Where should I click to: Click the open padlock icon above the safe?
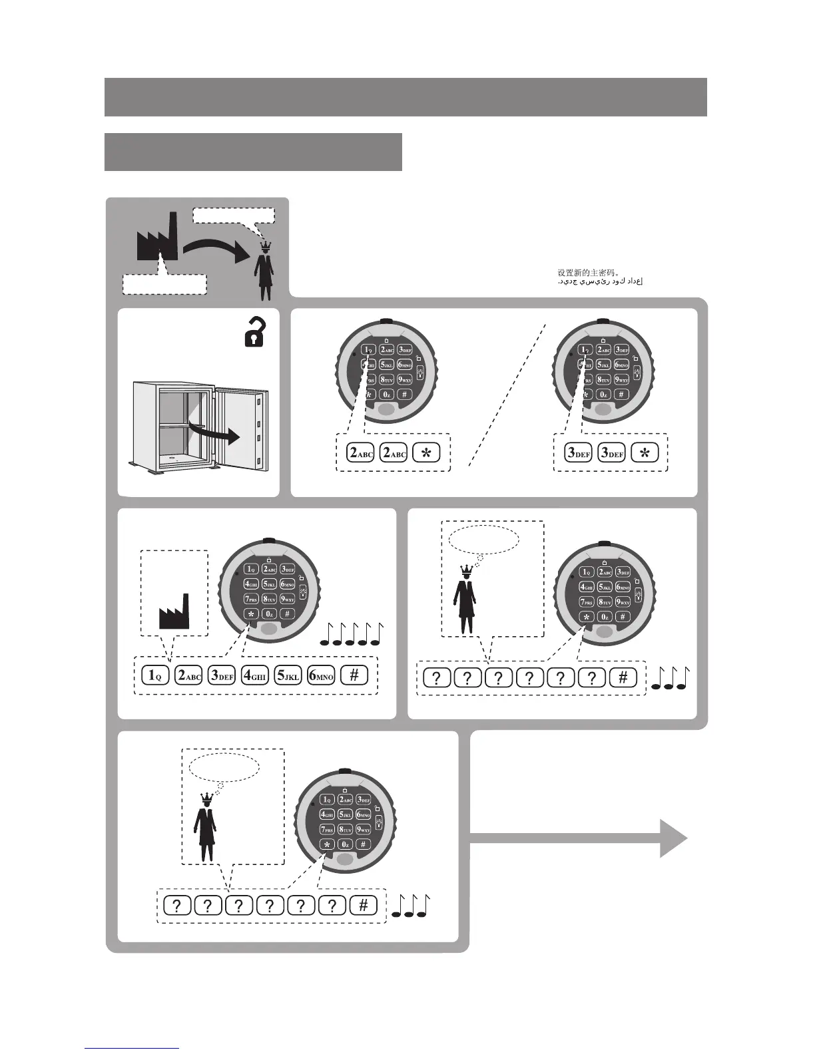click(x=255, y=333)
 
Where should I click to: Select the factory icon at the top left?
click(x=157, y=238)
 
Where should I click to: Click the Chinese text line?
click(x=589, y=272)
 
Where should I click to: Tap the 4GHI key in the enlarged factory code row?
click(x=254, y=675)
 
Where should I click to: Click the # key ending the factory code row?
click(x=354, y=675)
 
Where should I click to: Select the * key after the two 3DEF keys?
click(x=644, y=452)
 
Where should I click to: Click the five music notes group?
click(x=352, y=635)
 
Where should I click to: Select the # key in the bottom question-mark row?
click(x=363, y=906)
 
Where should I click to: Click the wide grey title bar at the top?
click(x=406, y=97)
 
